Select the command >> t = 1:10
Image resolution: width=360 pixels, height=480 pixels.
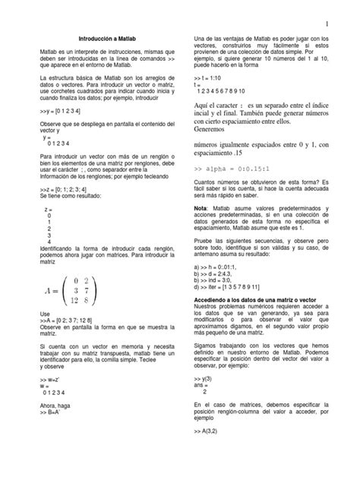(x=208, y=79)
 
